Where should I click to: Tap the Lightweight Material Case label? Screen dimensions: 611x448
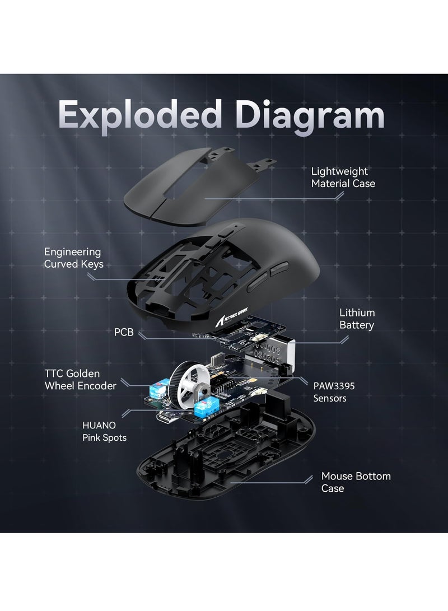(x=343, y=178)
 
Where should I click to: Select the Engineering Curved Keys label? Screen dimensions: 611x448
(x=73, y=258)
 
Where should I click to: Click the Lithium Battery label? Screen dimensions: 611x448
(x=357, y=319)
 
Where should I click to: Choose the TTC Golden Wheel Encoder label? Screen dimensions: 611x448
(x=80, y=379)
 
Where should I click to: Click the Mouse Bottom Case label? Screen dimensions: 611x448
(x=356, y=482)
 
